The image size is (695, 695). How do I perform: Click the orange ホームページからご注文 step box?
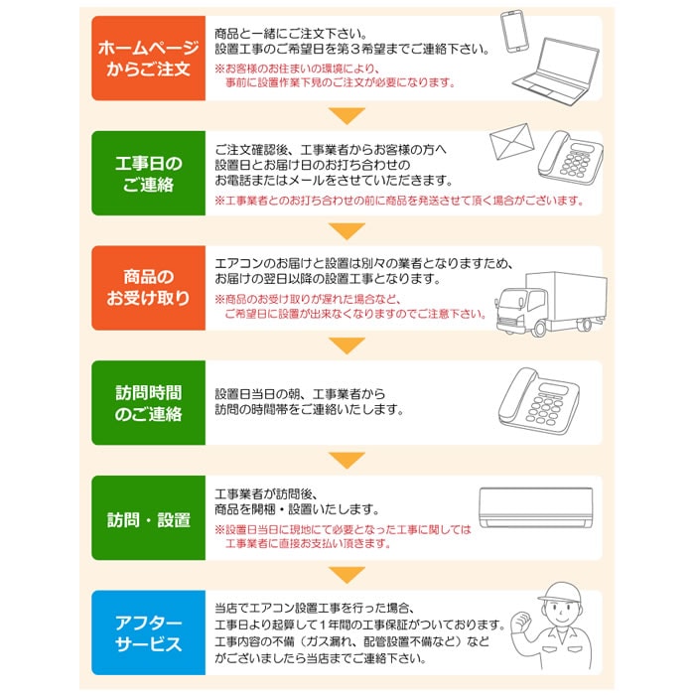point(146,59)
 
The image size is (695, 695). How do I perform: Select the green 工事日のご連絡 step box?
point(146,173)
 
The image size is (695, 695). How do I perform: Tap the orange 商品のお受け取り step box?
point(146,288)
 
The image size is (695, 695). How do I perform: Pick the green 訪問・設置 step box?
point(146,518)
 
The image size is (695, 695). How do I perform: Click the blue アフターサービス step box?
point(146,632)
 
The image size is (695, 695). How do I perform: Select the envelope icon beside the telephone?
point(513,149)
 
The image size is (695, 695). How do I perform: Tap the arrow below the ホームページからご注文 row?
point(347,116)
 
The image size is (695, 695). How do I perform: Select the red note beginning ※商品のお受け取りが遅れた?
point(349,307)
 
